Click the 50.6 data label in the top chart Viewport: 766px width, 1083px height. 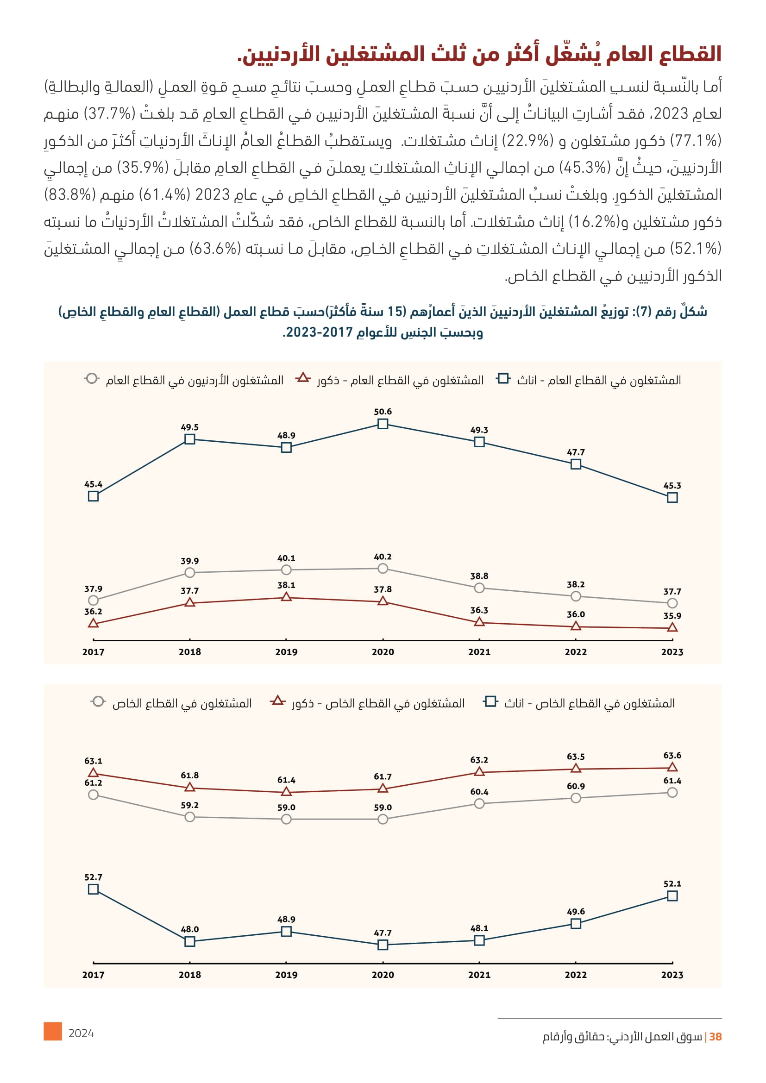(383, 412)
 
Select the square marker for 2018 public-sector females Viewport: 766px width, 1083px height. (189, 439)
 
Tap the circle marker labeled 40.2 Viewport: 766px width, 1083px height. (383, 569)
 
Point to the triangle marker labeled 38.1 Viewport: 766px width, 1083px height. (286, 597)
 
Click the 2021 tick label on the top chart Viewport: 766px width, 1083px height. (479, 652)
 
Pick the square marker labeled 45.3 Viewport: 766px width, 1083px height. (672, 497)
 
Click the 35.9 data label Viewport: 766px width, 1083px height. (672, 615)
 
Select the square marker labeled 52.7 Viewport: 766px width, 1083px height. (94, 889)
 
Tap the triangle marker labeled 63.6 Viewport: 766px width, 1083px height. (672, 767)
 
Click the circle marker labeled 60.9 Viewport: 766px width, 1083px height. (576, 798)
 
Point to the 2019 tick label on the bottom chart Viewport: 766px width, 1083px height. (286, 975)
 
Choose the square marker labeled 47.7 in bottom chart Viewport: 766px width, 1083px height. (383, 945)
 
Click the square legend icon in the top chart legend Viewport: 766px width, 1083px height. (503, 378)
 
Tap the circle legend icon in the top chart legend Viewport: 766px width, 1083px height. (92, 378)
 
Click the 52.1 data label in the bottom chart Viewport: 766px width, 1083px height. (672, 883)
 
